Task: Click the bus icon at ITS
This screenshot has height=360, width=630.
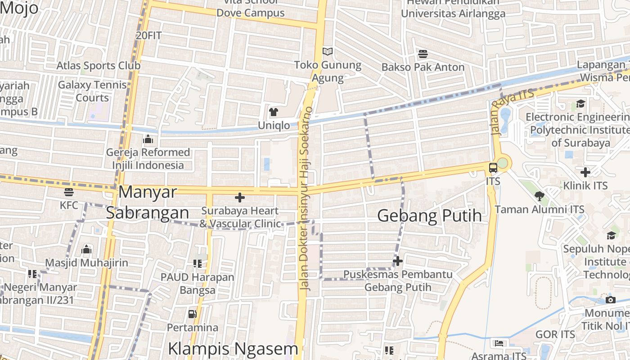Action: click(x=493, y=168)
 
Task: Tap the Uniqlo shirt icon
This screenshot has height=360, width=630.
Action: click(x=274, y=112)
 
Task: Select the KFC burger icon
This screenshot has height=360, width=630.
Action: click(x=68, y=192)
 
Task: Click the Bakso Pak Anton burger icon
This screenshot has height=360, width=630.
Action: click(x=423, y=54)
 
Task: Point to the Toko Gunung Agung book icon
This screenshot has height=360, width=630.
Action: click(x=328, y=52)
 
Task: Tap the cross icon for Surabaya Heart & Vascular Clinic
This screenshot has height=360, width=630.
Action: click(x=240, y=197)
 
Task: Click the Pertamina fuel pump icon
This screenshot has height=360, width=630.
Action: click(x=193, y=314)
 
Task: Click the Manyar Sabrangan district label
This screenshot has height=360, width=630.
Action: click(x=148, y=202)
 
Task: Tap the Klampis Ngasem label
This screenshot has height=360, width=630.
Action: click(x=233, y=348)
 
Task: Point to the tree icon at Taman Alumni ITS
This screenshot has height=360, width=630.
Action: click(x=539, y=196)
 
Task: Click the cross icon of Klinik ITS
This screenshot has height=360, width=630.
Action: click(x=585, y=172)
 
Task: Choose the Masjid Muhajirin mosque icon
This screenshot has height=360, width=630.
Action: click(x=86, y=249)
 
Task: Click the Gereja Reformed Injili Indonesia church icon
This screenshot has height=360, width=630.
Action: click(x=148, y=139)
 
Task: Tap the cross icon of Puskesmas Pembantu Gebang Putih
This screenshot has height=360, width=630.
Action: click(x=398, y=261)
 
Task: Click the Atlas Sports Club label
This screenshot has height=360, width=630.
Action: click(x=99, y=66)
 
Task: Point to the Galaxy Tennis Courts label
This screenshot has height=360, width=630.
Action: click(x=92, y=91)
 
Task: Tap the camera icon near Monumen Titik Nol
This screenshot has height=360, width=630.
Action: click(x=610, y=300)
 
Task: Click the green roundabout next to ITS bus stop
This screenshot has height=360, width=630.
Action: click(x=502, y=163)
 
